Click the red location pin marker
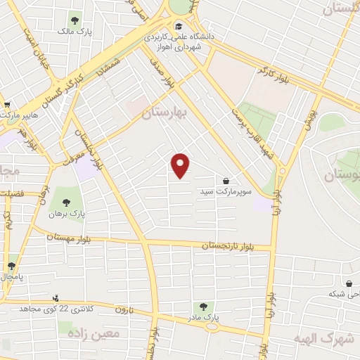click(181, 166)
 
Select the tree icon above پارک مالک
click(76, 20)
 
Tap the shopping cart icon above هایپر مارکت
click(6, 103)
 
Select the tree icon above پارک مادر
click(203, 307)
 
